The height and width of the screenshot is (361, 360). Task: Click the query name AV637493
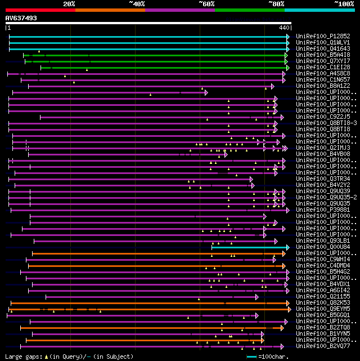pos(21,18)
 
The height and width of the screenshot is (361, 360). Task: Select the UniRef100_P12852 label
pos(323,36)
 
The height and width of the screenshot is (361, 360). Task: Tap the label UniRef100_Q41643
pos(323,48)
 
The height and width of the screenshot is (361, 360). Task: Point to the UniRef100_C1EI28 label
pos(323,67)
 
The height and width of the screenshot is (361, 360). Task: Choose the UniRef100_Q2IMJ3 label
pos(323,148)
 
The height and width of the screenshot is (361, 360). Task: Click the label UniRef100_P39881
pos(323,210)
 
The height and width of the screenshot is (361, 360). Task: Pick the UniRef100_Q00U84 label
pos(323,247)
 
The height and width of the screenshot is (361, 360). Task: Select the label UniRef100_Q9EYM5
pos(323,309)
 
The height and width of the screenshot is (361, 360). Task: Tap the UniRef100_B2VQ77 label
pos(323,346)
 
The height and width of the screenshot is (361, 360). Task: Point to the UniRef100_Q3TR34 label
pos(323,179)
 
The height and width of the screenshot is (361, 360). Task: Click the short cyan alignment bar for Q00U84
pos(250,247)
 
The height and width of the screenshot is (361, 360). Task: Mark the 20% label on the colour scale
pos(69,4)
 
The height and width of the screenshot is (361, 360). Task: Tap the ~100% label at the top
pos(344,4)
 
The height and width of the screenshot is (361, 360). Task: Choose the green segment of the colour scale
pos(249,10)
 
